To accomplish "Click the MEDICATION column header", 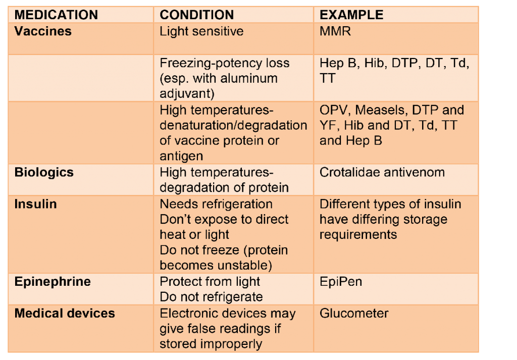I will pyautogui.click(x=56, y=14).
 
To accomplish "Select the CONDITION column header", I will pyautogui.click(x=197, y=14).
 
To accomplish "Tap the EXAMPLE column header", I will pyautogui.click(x=351, y=14).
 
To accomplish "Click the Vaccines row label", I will pyautogui.click(x=43, y=31).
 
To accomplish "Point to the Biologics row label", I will pyautogui.click(x=44, y=172).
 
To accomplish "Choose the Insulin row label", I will pyautogui.click(x=35, y=204).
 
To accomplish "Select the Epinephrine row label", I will pyautogui.click(x=53, y=281).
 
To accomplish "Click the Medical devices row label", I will pyautogui.click(x=65, y=314).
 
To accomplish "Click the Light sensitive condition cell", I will pyautogui.click(x=201, y=31).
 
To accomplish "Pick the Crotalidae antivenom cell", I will pyautogui.click(x=382, y=172).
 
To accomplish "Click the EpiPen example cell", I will pyautogui.click(x=341, y=281).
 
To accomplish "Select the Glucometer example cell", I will pyautogui.click(x=354, y=314).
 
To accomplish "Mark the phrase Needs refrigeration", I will pyautogui.click(x=216, y=204).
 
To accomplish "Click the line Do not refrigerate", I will pyautogui.click(x=211, y=297).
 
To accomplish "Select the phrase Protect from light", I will pyautogui.click(x=210, y=281).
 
